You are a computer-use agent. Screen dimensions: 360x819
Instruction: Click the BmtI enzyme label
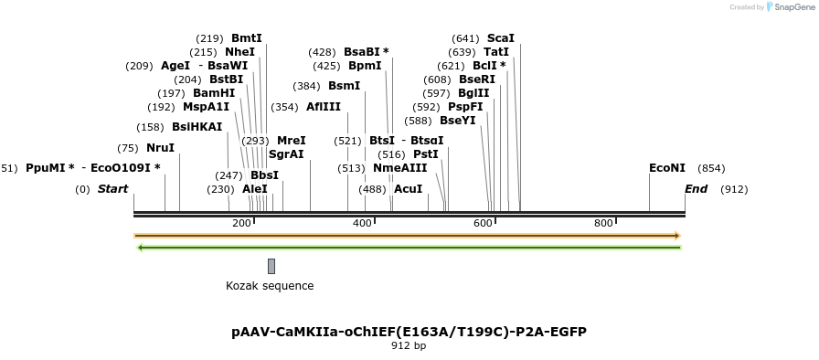(246, 38)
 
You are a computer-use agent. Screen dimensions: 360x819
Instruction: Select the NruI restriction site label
(160, 148)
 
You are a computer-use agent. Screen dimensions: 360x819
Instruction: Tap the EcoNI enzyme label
(666, 168)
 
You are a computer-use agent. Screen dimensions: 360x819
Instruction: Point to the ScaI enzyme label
(501, 38)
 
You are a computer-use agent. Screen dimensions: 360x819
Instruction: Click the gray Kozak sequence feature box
(271, 266)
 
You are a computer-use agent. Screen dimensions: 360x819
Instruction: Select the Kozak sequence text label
(270, 286)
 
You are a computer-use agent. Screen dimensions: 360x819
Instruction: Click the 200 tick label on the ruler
(241, 224)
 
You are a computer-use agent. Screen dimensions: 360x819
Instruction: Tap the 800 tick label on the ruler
(603, 224)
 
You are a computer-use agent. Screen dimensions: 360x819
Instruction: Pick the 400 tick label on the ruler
(362, 224)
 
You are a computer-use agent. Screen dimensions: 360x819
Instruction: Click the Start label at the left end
(113, 189)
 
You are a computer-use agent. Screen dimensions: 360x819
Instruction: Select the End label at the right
(696, 189)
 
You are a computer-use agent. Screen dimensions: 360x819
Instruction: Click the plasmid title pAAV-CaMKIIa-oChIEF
(409, 332)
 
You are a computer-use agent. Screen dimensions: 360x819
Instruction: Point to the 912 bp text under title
(409, 346)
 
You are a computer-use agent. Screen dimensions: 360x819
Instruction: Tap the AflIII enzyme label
(324, 107)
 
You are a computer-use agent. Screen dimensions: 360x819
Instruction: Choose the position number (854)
(711, 168)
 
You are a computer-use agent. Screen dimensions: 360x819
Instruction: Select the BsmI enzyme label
(344, 86)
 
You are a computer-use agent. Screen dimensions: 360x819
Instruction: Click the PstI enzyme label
(426, 154)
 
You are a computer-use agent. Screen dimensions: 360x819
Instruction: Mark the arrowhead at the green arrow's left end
(139, 248)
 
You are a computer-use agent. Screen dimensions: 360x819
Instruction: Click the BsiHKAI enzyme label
(197, 127)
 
